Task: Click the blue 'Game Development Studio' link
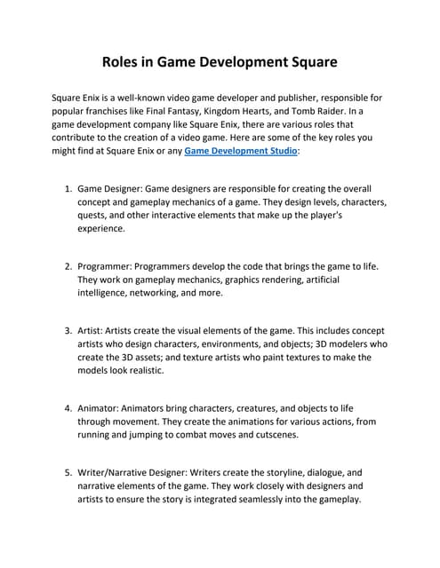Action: (x=240, y=152)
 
